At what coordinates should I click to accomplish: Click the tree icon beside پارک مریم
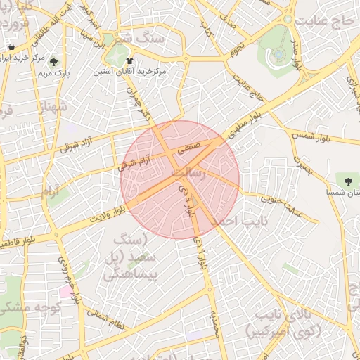(54, 61)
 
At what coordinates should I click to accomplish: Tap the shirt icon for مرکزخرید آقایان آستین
(129, 61)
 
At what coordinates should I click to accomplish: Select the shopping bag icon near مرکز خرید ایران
(13, 47)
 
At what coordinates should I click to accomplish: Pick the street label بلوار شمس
(310, 130)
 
